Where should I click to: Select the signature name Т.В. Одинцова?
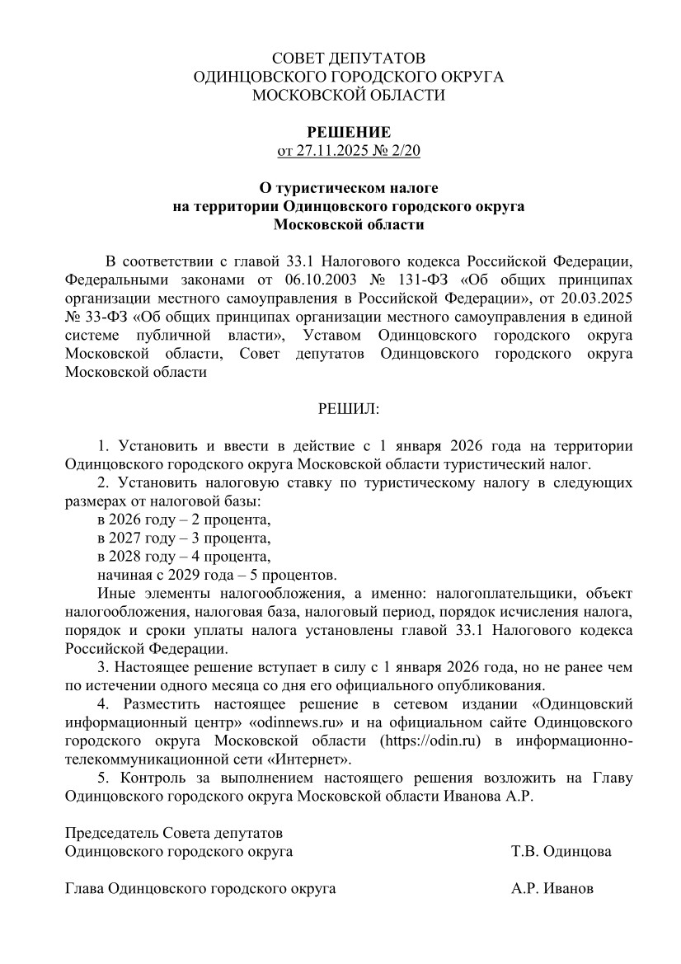coord(561,851)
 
